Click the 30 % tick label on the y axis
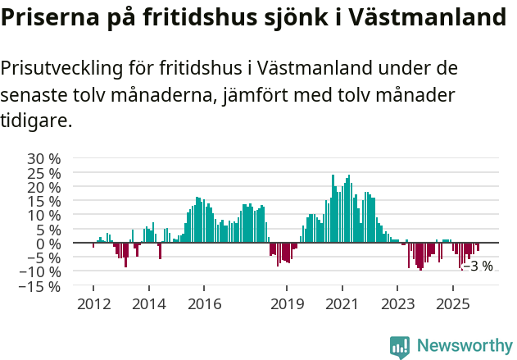point(43,158)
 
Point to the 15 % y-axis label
point(43,201)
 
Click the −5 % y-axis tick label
point(43,257)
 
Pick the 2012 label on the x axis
point(93,303)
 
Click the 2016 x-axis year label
point(203,303)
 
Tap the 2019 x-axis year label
point(287,303)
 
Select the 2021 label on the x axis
point(342,303)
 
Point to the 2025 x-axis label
point(452,303)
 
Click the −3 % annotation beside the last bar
point(478,266)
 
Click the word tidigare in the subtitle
point(36,121)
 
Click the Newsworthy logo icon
point(400,346)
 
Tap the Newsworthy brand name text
point(464,346)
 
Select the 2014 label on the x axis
point(148,303)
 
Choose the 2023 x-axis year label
point(397,303)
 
